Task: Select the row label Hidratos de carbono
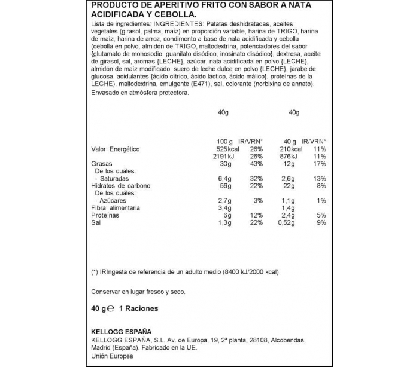tap(120, 185)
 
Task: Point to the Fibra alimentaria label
tap(116, 207)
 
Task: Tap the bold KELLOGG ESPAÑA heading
tap(121, 331)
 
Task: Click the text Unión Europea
tap(113, 356)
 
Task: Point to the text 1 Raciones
tap(139, 308)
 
